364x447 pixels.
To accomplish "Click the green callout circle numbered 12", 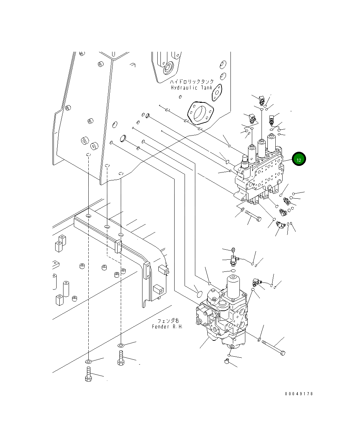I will (x=299, y=159).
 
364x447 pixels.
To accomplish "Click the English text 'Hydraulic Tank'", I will (x=192, y=88).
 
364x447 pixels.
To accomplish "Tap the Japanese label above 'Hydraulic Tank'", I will (x=192, y=82).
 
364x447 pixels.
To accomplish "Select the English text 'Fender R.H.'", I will (x=167, y=327).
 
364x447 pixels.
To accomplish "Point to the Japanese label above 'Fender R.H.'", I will (x=168, y=321).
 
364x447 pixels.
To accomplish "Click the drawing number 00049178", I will (x=299, y=394).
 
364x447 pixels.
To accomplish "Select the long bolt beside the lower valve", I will (x=274, y=347).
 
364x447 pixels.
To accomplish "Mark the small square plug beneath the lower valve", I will (x=226, y=361).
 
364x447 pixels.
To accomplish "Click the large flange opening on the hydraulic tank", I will (x=200, y=112).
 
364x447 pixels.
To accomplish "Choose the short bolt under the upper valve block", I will (x=254, y=216).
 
